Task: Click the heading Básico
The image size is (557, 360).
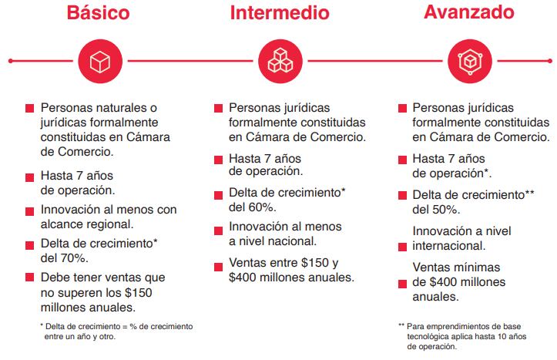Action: tap(98, 13)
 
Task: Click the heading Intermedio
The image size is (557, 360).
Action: tap(280, 13)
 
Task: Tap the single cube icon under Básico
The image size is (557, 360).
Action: tap(100, 61)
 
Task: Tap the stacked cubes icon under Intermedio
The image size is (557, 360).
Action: tap(280, 61)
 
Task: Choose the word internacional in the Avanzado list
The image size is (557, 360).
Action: tap(449, 246)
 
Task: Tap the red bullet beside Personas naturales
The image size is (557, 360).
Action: tap(30, 109)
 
